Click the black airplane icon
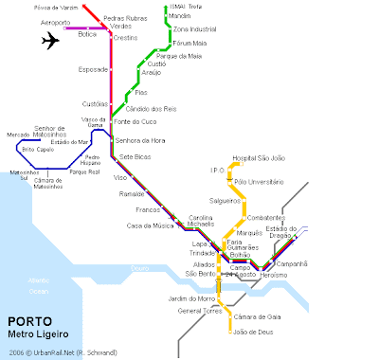[x=51, y=41]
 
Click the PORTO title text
[x=30, y=319]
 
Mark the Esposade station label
[x=93, y=69]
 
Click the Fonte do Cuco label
[x=134, y=121]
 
